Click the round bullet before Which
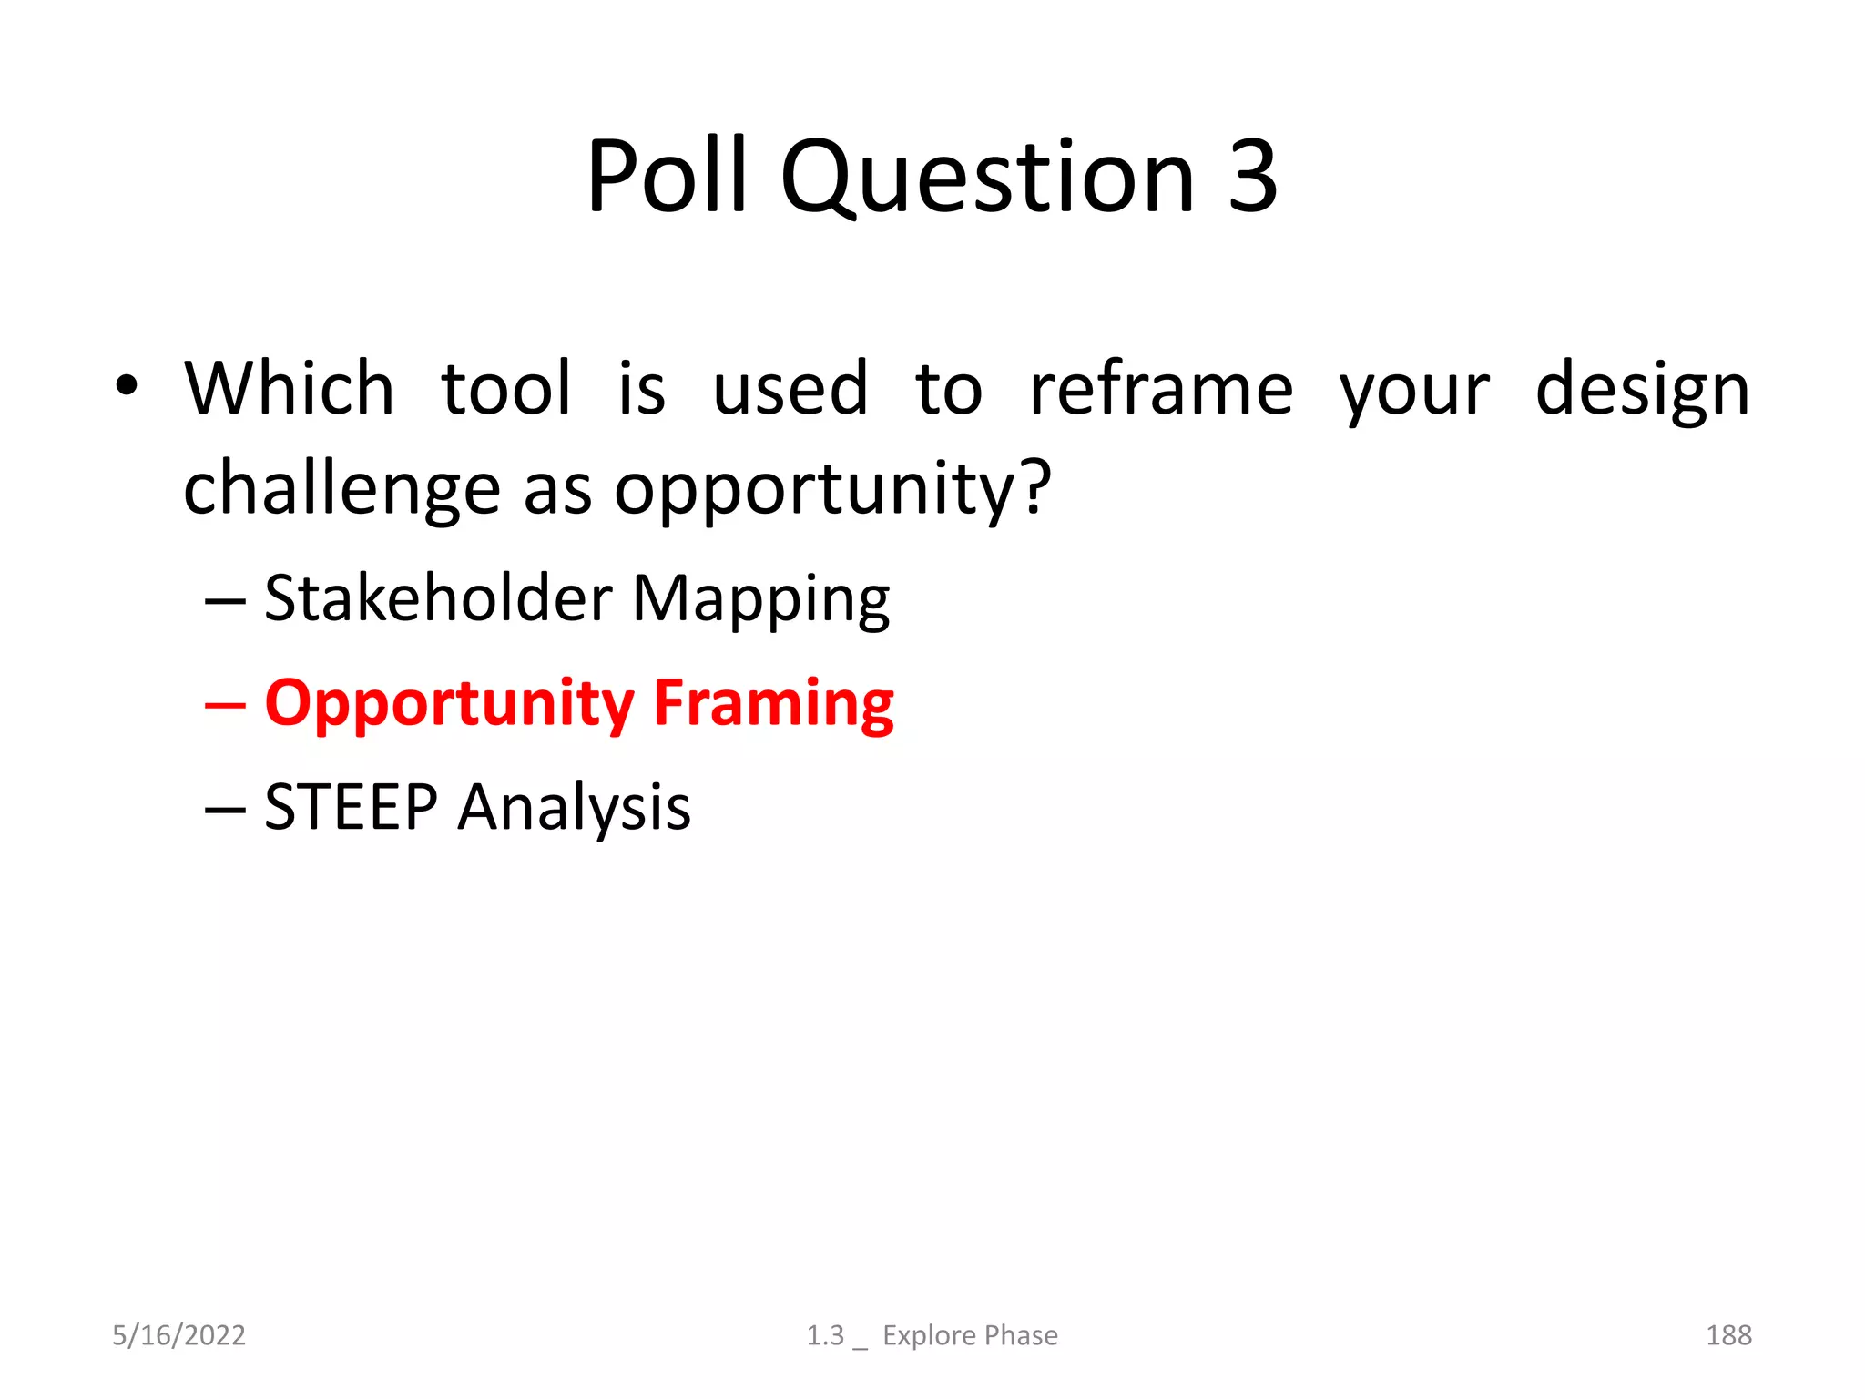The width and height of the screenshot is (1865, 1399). pyautogui.click(x=127, y=386)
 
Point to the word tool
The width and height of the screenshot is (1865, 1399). pyautogui.click(x=506, y=389)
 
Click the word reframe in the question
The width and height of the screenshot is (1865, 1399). pyautogui.click(x=1160, y=389)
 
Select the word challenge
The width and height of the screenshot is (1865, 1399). pyautogui.click(x=341, y=489)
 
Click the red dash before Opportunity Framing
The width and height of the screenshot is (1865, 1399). pyautogui.click(x=225, y=705)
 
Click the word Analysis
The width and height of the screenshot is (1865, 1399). pyautogui.click(x=574, y=810)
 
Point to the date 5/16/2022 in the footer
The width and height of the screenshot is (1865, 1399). pyautogui.click(x=178, y=1335)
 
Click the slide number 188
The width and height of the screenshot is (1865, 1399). pyautogui.click(x=1727, y=1335)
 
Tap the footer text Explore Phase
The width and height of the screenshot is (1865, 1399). pyautogui.click(x=970, y=1335)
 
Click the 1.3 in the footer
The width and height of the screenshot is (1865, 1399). pyautogui.click(x=825, y=1335)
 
